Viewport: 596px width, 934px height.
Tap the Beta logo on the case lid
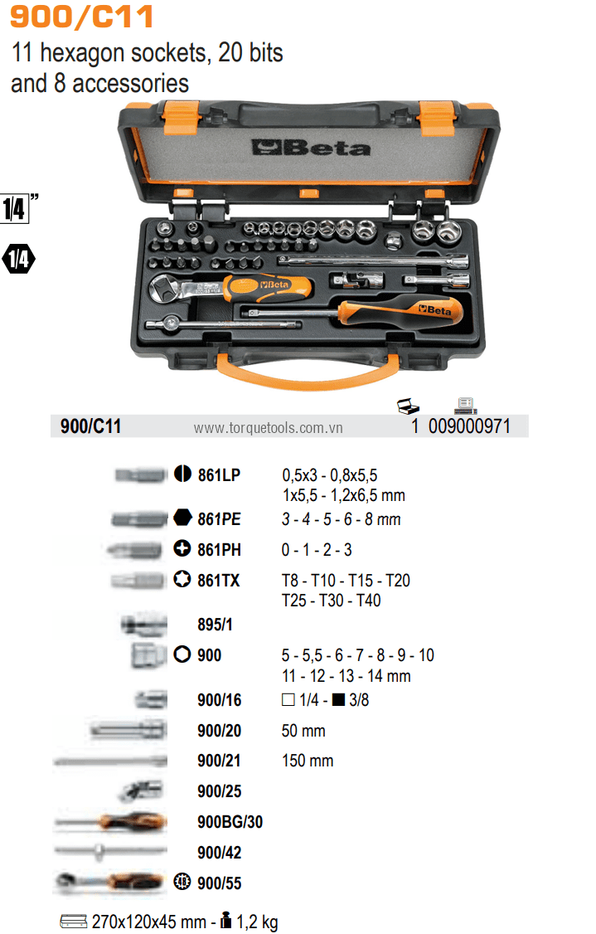311,148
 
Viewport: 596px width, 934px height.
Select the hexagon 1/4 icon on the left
18,259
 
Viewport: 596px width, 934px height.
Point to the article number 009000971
471,426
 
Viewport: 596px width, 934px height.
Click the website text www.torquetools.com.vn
268,428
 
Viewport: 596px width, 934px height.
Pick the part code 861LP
219,475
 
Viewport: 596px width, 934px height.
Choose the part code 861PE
219,519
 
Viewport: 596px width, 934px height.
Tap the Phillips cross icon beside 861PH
182,549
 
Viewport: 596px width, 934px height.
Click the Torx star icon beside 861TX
182,580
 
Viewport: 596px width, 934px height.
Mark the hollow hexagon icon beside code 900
182,654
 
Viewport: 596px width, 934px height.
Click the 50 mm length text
303,731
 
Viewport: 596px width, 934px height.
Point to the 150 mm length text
308,761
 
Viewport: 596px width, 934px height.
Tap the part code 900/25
219,791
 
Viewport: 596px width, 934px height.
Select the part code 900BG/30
230,822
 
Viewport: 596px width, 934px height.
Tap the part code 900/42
219,853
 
